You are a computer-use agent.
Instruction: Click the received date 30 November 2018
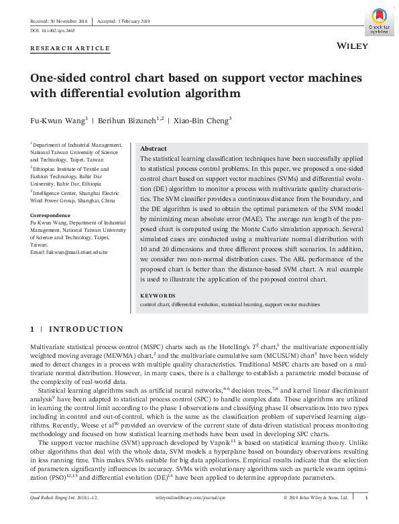tap(57, 21)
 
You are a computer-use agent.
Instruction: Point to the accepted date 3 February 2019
tap(123, 21)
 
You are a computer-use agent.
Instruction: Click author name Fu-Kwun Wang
tap(57, 121)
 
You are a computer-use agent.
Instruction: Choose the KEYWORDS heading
tap(157, 296)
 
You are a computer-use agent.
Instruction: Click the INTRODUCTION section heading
tap(86, 329)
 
